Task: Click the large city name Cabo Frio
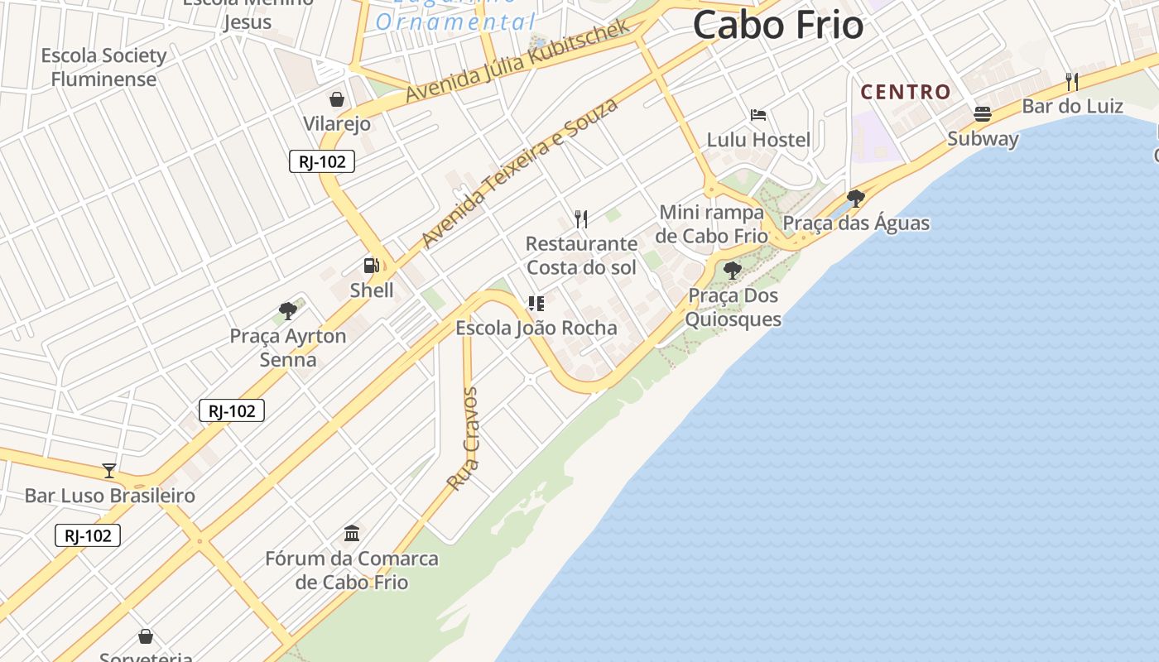click(777, 25)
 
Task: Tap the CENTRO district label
click(906, 92)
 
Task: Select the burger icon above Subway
click(983, 113)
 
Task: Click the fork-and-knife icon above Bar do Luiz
click(1071, 81)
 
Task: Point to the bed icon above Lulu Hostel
click(757, 115)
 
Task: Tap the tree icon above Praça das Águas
click(855, 199)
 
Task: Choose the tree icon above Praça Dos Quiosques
click(732, 270)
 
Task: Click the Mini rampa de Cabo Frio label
click(712, 224)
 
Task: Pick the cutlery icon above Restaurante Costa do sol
click(581, 219)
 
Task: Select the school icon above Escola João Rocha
click(536, 304)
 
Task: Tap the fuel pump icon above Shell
click(372, 266)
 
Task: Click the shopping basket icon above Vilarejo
click(337, 100)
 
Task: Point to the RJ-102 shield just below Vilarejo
click(322, 161)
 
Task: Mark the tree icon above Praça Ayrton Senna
click(288, 311)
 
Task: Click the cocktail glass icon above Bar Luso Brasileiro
click(109, 471)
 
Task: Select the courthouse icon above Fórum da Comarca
click(352, 533)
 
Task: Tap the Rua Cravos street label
click(463, 438)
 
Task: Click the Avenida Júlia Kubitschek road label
click(517, 62)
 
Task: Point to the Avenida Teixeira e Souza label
click(519, 172)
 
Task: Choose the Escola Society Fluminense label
click(103, 67)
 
